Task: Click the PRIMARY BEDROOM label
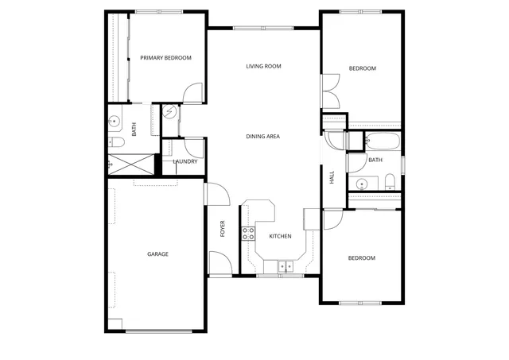[166, 58]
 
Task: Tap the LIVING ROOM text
[263, 67]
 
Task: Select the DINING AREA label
[262, 137]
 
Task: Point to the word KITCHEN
[280, 236]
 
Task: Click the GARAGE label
[157, 254]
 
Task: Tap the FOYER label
[223, 228]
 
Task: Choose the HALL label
[332, 177]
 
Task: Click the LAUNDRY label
[185, 162]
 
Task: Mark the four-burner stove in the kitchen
[248, 233]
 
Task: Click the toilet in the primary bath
[115, 142]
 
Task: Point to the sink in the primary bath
[115, 122]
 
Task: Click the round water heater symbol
[169, 113]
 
